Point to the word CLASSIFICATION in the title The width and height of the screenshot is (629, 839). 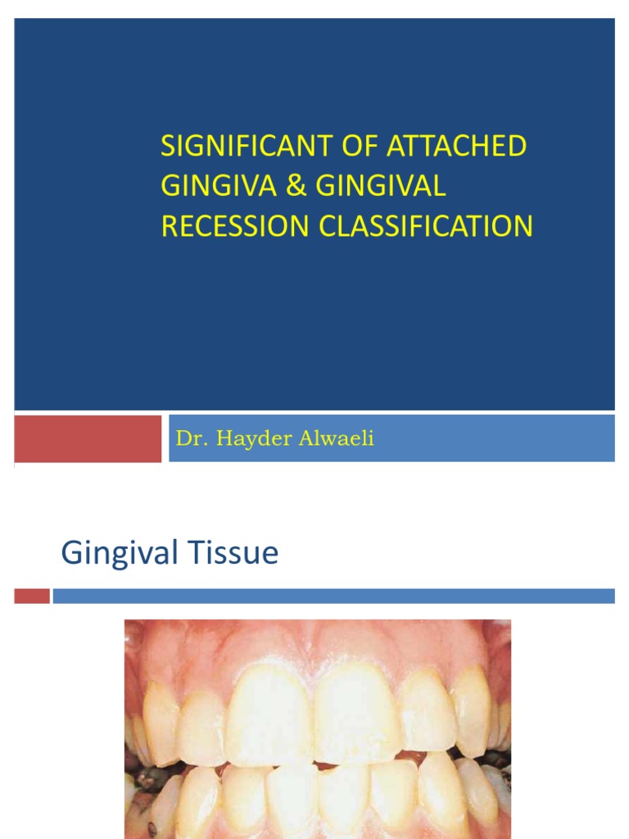(426, 226)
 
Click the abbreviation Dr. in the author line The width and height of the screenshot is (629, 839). (188, 439)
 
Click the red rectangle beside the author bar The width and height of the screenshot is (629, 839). (88, 438)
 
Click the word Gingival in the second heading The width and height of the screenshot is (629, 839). (119, 554)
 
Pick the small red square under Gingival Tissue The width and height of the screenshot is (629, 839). (32, 596)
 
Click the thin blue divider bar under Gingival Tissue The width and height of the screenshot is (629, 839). (333, 596)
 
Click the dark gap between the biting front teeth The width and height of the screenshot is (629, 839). (319, 765)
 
